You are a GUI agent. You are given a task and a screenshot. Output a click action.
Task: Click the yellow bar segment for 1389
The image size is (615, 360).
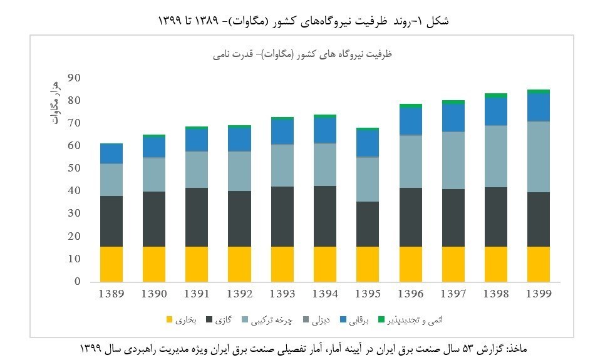pyautogui.click(x=111, y=264)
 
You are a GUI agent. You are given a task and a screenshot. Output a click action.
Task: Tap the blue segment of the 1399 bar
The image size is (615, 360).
pyautogui.click(x=538, y=107)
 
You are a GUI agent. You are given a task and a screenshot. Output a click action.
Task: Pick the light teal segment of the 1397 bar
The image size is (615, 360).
pyautogui.click(x=453, y=160)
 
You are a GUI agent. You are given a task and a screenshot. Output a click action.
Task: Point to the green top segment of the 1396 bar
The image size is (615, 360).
pyautogui.click(x=410, y=106)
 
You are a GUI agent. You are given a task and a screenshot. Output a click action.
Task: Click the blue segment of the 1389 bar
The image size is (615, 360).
pyautogui.click(x=111, y=153)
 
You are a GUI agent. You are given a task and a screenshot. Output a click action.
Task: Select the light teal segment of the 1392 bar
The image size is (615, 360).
pyautogui.click(x=239, y=171)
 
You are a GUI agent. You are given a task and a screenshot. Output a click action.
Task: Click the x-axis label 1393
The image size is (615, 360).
pyautogui.click(x=282, y=294)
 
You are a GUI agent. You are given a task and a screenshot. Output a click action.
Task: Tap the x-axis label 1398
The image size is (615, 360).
pyautogui.click(x=495, y=294)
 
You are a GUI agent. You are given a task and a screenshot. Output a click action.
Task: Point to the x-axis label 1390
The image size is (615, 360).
pyautogui.click(x=153, y=294)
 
